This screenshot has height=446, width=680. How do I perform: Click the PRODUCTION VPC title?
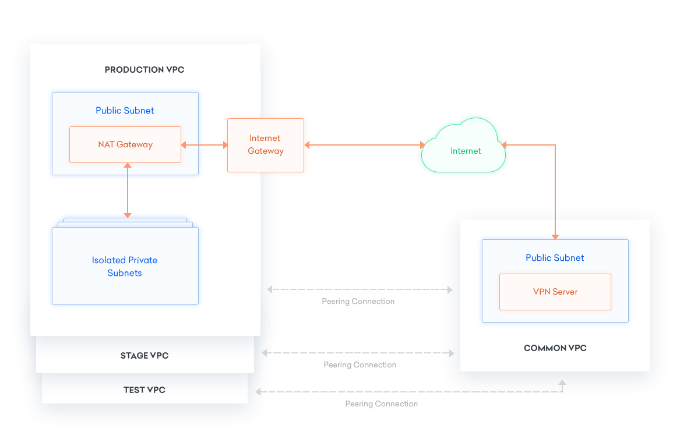[x=144, y=70]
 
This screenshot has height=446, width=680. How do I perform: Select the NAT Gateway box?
[x=125, y=144]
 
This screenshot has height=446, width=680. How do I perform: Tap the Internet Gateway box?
[x=265, y=145]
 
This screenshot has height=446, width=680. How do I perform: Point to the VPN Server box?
[x=555, y=292]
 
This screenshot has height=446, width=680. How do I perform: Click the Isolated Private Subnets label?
[x=125, y=267]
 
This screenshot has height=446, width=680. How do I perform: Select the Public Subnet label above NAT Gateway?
[x=125, y=111]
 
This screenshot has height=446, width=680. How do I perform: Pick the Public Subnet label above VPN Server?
[x=555, y=258]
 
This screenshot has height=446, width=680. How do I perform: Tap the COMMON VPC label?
[x=555, y=348]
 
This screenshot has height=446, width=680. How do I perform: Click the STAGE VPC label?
[x=145, y=356]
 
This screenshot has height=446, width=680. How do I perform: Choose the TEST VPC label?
[x=145, y=390]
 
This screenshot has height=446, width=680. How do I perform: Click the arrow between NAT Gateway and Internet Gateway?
[x=204, y=145]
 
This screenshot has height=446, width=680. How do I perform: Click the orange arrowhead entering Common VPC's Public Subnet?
[x=555, y=236]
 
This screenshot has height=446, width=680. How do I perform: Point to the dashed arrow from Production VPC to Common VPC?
[x=360, y=289]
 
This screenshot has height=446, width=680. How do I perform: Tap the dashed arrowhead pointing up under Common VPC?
[x=562, y=383]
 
